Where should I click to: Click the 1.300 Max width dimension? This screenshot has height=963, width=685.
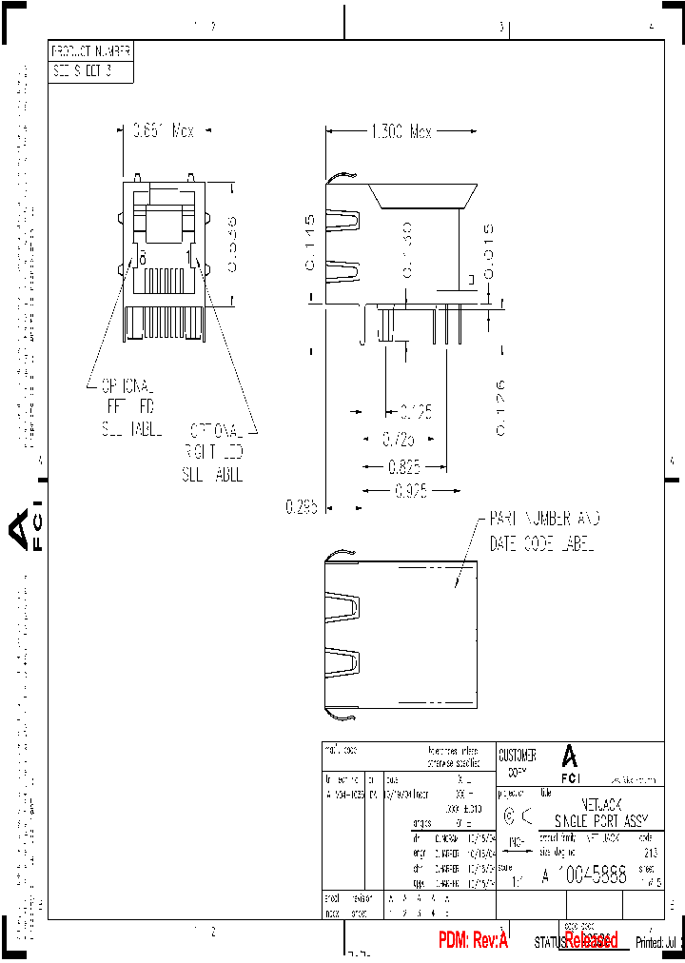tap(401, 131)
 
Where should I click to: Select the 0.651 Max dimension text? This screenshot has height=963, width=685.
tap(163, 131)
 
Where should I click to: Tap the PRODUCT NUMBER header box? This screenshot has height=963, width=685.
tap(90, 51)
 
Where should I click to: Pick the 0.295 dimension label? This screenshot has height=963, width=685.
tap(301, 506)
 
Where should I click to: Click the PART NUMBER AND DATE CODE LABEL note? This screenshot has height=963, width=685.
tap(544, 532)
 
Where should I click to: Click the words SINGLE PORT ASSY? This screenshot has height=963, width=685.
tap(600, 821)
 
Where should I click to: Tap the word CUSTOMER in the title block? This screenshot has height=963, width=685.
tap(517, 756)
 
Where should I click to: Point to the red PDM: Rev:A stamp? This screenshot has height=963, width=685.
tap(473, 940)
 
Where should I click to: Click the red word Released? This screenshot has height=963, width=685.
tap(591, 940)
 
